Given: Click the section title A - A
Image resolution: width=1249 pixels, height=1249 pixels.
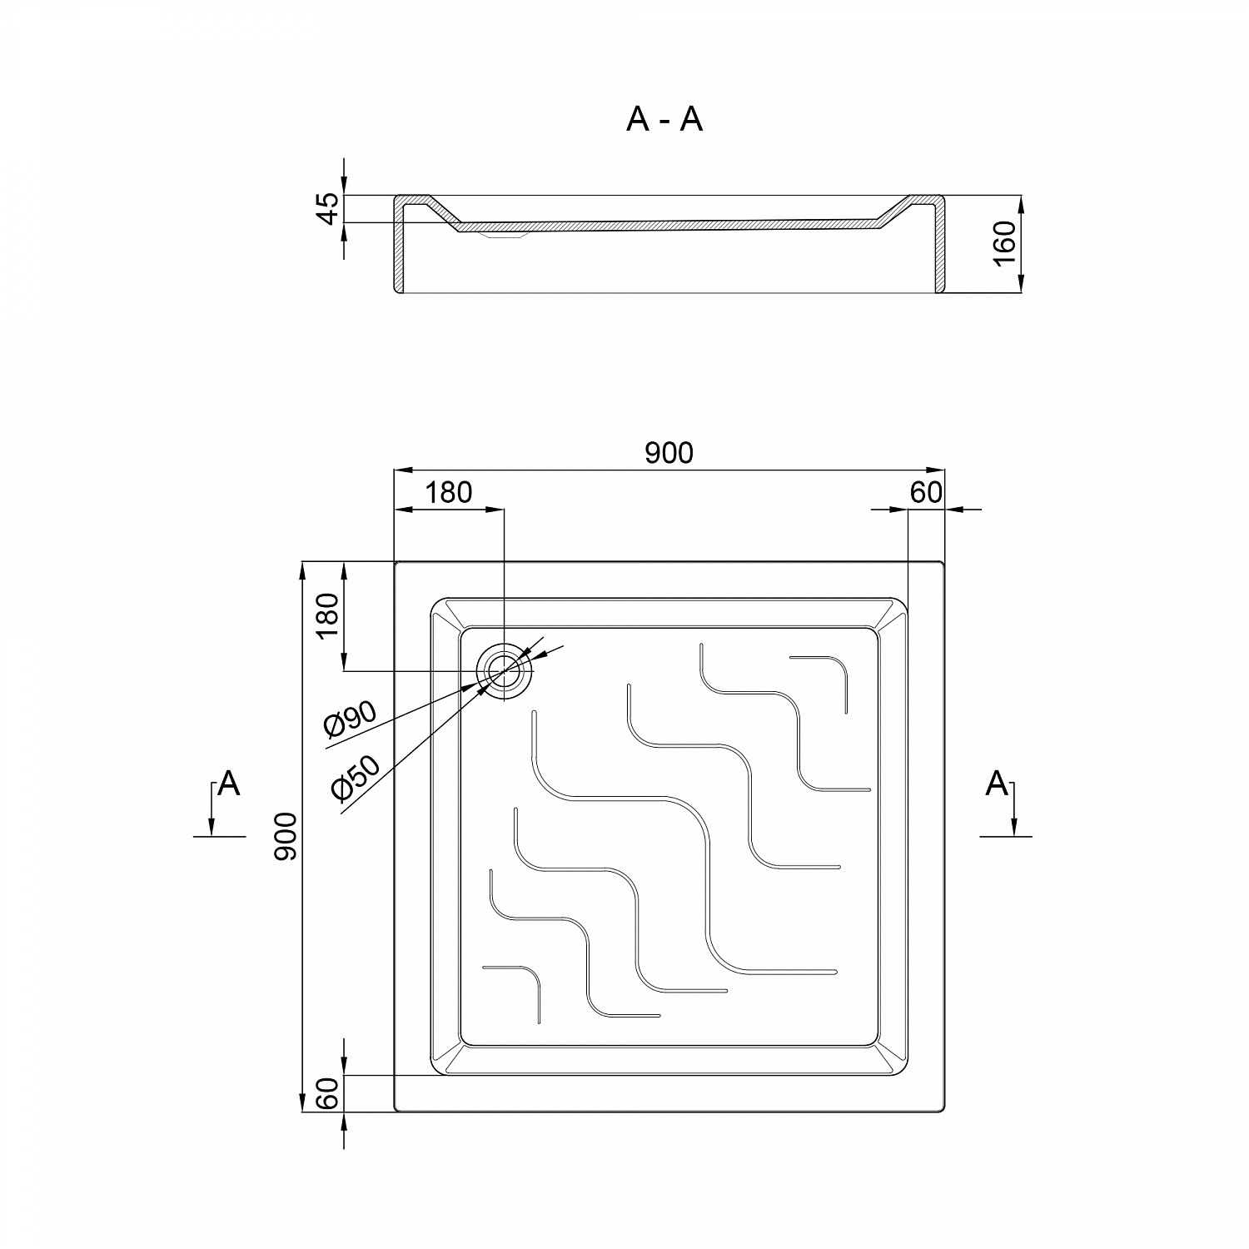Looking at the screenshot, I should (x=664, y=120).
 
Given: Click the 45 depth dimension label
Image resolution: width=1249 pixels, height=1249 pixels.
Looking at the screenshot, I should (x=330, y=208).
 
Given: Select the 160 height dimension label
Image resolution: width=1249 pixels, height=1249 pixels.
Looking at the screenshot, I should (x=1006, y=243).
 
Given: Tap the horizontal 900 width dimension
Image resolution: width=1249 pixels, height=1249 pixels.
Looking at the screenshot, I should (x=669, y=452).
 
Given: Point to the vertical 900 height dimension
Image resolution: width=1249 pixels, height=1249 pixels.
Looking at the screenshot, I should (x=286, y=836).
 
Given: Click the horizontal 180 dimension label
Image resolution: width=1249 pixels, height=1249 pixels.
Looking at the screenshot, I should (x=449, y=492).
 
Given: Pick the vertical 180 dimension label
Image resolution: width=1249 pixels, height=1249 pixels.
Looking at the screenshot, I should (x=328, y=615).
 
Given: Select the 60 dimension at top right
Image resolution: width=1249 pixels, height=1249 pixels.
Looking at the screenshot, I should (x=925, y=492).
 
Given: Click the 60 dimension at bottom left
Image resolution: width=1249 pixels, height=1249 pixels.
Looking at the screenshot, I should (x=328, y=1093).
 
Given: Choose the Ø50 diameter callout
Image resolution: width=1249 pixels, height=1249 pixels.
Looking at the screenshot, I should (x=355, y=778).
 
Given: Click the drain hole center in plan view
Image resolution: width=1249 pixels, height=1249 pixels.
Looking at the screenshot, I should (x=504, y=671).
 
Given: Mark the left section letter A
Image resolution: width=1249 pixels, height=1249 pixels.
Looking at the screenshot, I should (x=229, y=784).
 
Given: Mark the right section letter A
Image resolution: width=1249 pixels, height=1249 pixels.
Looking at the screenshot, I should (x=997, y=784).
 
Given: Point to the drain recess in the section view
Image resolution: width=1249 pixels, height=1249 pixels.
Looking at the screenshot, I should (x=504, y=235).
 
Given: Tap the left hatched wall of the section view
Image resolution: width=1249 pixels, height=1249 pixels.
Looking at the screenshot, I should (x=398, y=250).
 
